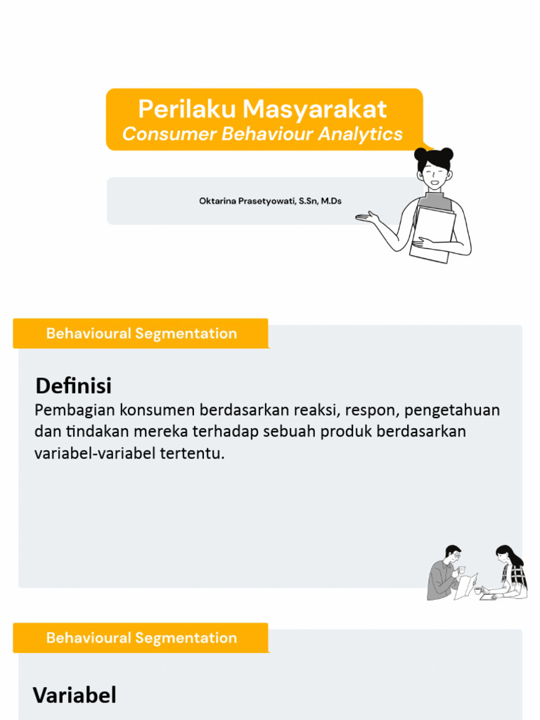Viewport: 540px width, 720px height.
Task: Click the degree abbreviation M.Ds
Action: (331, 201)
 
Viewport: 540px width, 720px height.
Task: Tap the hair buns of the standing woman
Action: (434, 153)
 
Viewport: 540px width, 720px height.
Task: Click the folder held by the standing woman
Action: (433, 232)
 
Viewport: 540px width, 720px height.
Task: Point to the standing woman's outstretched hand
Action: (366, 217)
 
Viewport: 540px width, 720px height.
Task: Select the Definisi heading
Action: (73, 386)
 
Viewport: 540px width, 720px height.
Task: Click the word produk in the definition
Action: (346, 431)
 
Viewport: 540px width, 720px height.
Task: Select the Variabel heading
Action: (74, 695)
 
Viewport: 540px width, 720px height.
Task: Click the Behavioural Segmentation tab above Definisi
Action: (141, 333)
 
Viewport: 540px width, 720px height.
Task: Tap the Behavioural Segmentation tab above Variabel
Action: (141, 638)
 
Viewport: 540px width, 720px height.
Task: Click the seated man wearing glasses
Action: (444, 573)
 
